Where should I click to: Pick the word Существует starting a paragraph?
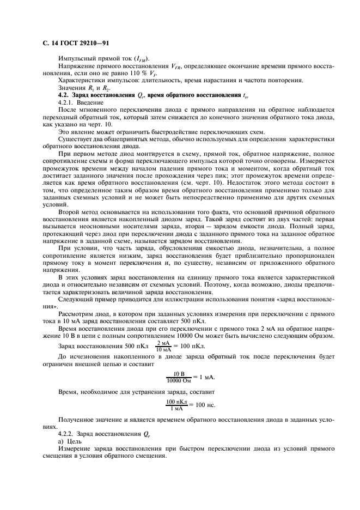tap(76, 139)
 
